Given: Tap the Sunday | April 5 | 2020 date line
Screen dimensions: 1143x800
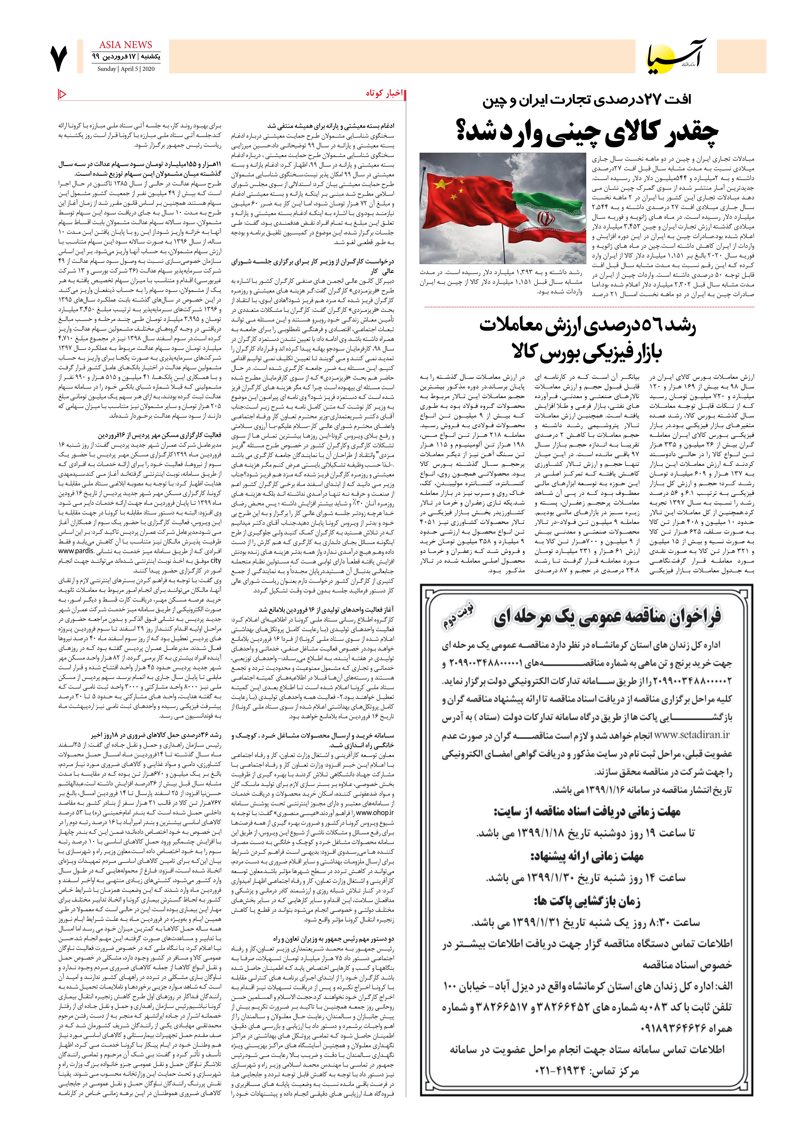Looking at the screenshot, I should pyautogui.click(x=126, y=69).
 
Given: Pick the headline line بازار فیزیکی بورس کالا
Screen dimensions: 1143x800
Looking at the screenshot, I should pyautogui.click(x=588, y=352).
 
